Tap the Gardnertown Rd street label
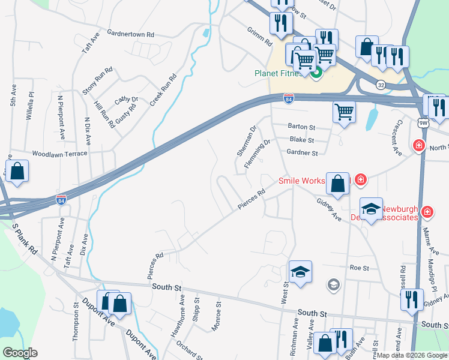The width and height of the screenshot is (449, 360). [x=130, y=35]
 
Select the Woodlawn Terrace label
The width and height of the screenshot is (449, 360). [x=60, y=154]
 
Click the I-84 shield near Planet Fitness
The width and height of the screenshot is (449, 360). [x=289, y=97]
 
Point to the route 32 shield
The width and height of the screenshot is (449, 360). [x=381, y=85]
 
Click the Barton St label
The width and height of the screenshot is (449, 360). [x=301, y=127]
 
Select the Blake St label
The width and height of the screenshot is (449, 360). [x=302, y=140]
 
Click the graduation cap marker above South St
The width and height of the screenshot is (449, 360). [x=300, y=271]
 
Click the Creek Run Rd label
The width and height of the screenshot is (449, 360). [x=163, y=90]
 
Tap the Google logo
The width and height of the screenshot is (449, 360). [x=20, y=353]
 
